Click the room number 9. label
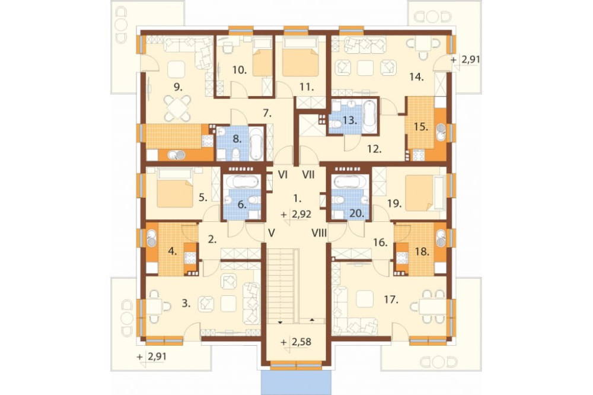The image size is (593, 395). click(x=178, y=87)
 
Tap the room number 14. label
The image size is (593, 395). click(x=416, y=77)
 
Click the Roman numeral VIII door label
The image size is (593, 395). click(x=319, y=233)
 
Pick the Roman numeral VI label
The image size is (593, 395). click(x=282, y=175)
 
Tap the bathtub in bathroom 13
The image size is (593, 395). click(x=369, y=113)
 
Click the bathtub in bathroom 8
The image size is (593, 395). click(x=257, y=144)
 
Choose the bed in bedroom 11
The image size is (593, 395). click(x=301, y=57)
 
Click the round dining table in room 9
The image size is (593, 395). click(x=177, y=108)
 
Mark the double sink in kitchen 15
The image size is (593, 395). click(x=441, y=132)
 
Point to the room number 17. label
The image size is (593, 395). click(x=391, y=300)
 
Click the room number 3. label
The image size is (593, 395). click(x=186, y=303)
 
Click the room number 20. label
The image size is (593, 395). click(x=356, y=214)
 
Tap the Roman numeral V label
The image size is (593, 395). click(x=271, y=233)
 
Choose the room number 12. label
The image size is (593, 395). click(x=374, y=149)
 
